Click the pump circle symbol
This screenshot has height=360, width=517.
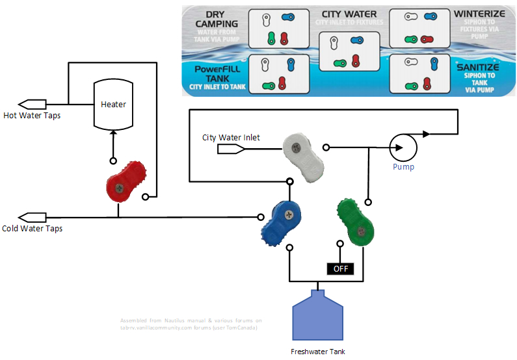point(403,149)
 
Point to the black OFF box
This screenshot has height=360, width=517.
point(339,268)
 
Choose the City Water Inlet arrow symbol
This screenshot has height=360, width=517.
point(231,149)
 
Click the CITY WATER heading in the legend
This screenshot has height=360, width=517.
point(349,14)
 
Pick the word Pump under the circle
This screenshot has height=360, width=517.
point(403,167)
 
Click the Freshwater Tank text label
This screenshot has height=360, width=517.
point(317,352)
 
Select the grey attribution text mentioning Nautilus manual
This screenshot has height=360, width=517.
point(191,324)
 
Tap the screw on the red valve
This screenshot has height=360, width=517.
point(120,187)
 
